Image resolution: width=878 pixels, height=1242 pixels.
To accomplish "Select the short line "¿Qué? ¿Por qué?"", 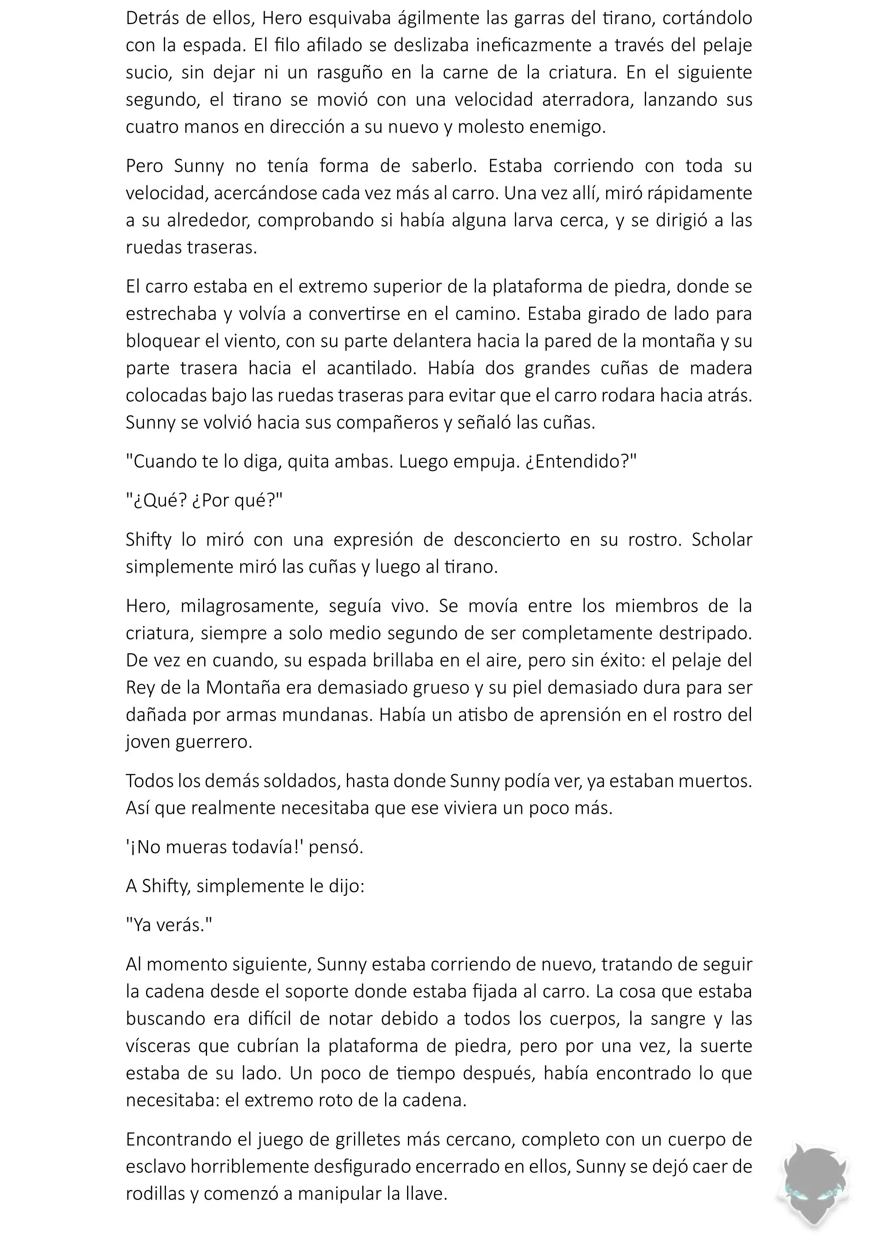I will [204, 500].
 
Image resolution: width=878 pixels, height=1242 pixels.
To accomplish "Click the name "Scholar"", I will [722, 540].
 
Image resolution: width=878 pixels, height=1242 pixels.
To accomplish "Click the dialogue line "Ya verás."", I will [169, 925].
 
